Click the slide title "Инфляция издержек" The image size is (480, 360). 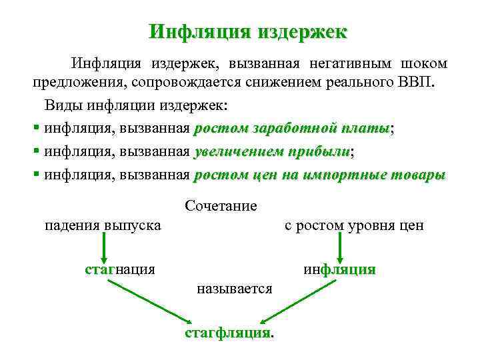point(248,32)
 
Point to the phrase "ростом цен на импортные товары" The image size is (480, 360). point(319,175)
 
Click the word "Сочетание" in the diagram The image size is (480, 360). point(221,206)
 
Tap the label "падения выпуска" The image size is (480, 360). point(102,225)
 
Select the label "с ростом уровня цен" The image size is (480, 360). point(354,225)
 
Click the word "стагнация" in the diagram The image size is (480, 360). point(120,269)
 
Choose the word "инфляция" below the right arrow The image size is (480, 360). point(339,269)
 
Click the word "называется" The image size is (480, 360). point(234,289)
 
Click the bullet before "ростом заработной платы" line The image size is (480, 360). point(36,129)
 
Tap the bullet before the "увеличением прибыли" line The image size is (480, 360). point(36,152)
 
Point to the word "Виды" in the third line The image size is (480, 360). point(61,106)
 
